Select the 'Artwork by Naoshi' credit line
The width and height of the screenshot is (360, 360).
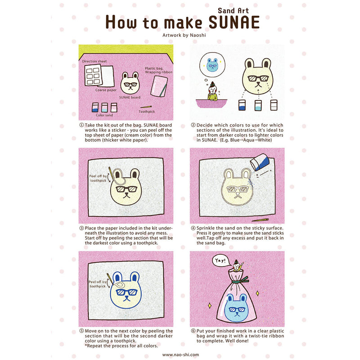[180, 34]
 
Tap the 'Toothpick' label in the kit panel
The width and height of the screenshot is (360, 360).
[147, 111]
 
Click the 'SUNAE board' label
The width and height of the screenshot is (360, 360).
[130, 97]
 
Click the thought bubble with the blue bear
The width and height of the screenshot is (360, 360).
[212, 65]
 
